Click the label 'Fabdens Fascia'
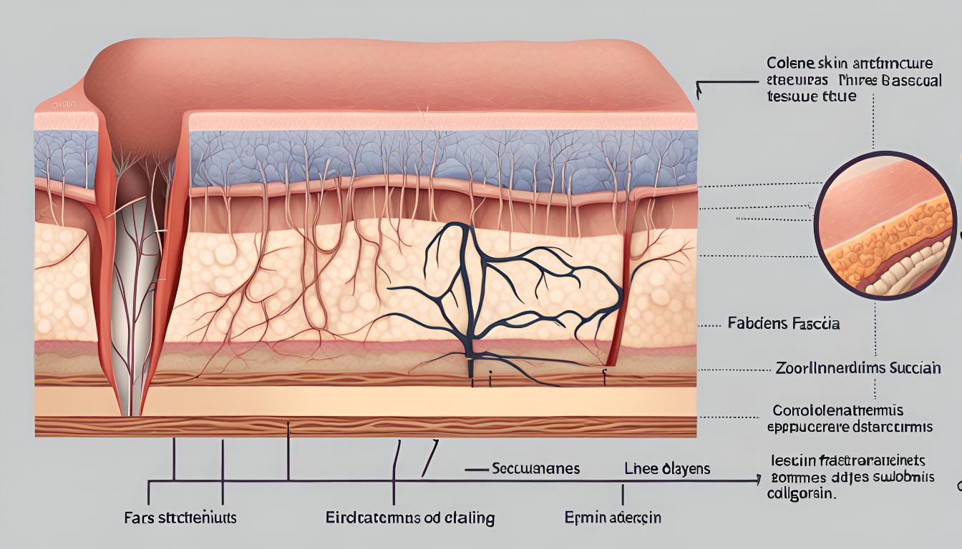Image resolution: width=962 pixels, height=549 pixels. pyautogui.click(x=783, y=324)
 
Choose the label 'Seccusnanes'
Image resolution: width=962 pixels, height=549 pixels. pyautogui.click(x=535, y=469)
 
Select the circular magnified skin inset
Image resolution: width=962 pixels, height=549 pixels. pyautogui.click(x=885, y=225)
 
